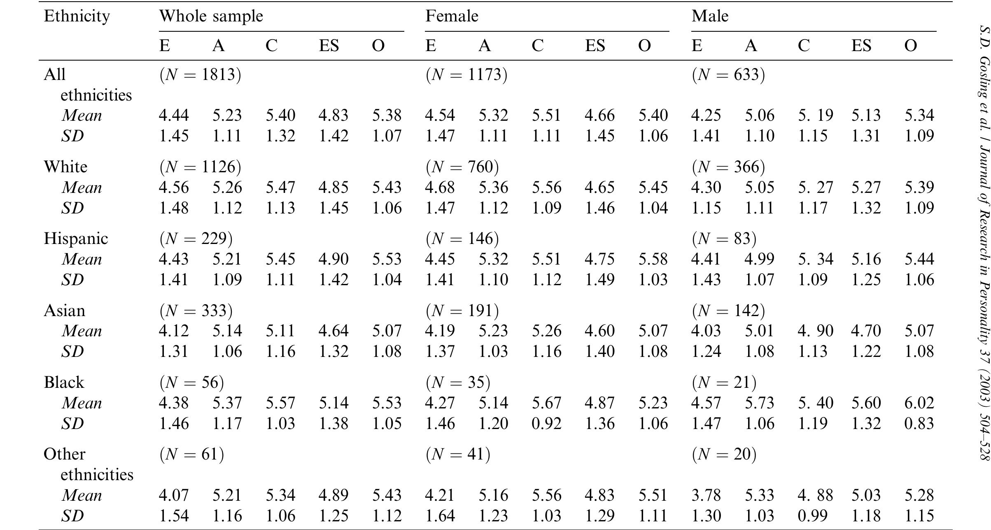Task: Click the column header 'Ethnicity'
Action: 77,16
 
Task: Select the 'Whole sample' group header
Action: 211,16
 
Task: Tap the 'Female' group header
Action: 452,16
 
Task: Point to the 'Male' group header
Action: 710,16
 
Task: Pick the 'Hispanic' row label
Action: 76,239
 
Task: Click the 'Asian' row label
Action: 64,311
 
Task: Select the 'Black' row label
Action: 64,382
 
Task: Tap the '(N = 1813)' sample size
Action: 200,75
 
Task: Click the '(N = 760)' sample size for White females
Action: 462,167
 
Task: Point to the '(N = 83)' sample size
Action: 724,239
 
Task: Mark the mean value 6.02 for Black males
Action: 919,403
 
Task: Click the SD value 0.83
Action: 919,424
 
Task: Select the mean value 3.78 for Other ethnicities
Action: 706,495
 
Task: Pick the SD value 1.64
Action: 440,516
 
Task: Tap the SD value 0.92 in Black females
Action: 546,424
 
